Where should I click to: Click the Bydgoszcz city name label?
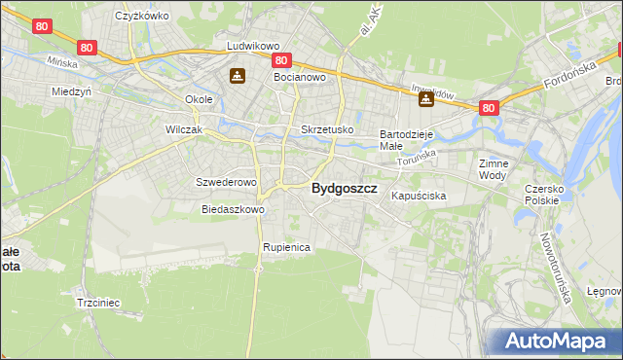click(x=344, y=190)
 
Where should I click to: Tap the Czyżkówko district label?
click(x=142, y=16)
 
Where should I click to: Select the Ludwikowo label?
click(x=253, y=46)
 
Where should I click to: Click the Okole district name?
click(x=200, y=99)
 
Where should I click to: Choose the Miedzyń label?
click(x=71, y=91)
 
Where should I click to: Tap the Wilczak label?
click(x=183, y=129)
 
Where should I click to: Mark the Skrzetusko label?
click(x=327, y=129)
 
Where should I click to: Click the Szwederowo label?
click(x=225, y=182)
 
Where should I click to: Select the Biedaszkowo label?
click(x=233, y=209)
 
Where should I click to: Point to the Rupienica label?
click(x=285, y=247)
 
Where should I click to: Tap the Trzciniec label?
click(x=97, y=303)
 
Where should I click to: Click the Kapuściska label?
click(x=419, y=196)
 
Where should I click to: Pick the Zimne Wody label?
click(x=494, y=169)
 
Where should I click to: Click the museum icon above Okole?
click(x=237, y=76)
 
